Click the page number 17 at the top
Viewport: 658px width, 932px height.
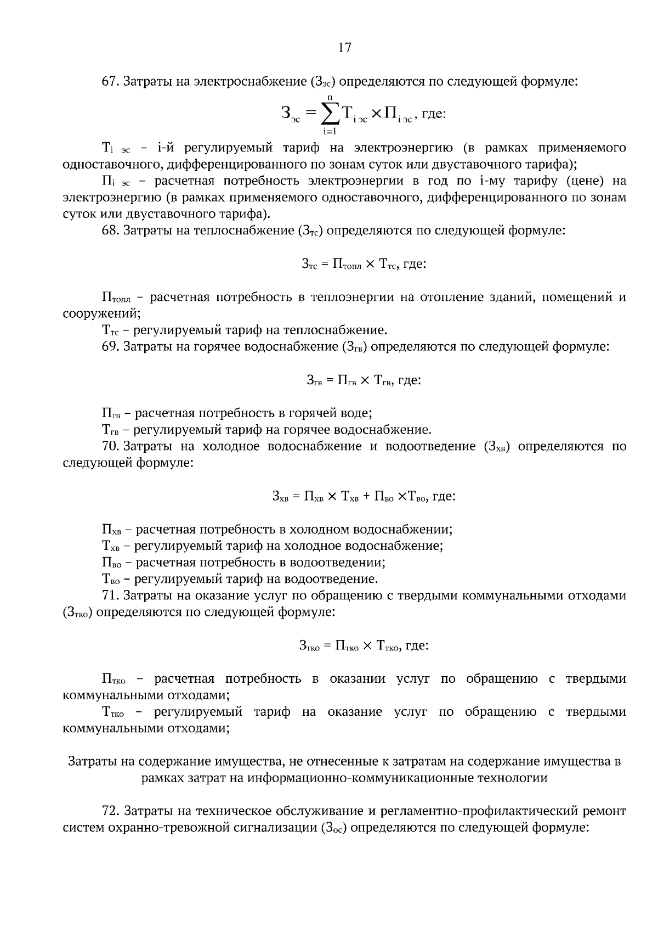click(x=344, y=48)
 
